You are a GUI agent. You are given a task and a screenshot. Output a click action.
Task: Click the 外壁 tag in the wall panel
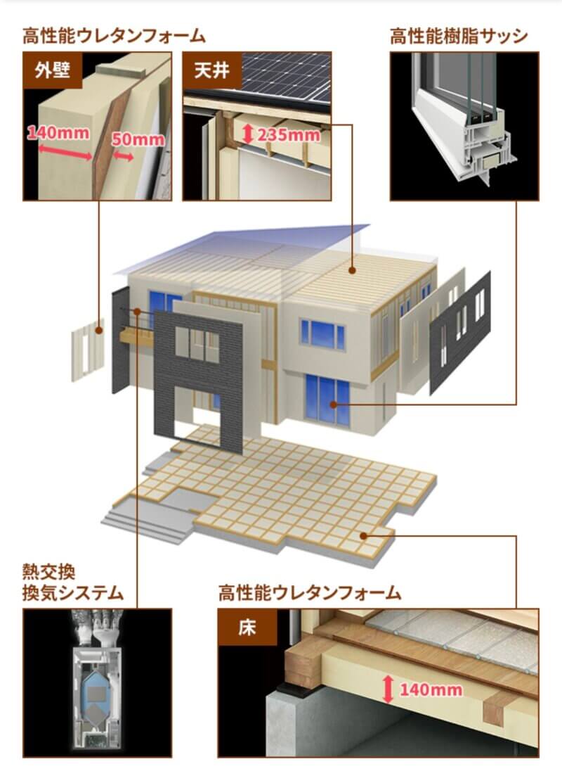click(53, 70)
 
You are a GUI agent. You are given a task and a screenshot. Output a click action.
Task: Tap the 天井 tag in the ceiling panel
click(212, 70)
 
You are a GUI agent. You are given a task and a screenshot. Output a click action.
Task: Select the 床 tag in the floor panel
click(247, 628)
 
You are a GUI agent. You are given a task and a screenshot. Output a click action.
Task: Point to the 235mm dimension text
click(288, 134)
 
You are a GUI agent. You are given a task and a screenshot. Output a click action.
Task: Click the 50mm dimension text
click(138, 139)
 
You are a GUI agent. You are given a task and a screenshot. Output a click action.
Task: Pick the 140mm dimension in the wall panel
click(58, 133)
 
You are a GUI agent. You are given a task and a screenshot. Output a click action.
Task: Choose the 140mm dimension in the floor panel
click(431, 689)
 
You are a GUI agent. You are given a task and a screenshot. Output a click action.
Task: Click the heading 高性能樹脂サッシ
click(459, 37)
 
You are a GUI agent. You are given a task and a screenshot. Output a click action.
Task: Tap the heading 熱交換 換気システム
click(73, 582)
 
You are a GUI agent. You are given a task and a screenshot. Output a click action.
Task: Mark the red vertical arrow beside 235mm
click(248, 134)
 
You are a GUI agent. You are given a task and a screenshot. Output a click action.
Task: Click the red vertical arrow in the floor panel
click(388, 689)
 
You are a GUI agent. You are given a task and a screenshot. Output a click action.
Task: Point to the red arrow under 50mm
click(123, 157)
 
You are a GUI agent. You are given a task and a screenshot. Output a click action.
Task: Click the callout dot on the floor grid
click(363, 536)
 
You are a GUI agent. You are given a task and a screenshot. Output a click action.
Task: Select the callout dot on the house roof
click(352, 271)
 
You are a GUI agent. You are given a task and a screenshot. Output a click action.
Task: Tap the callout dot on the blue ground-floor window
click(334, 405)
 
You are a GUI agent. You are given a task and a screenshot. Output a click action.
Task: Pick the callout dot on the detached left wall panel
click(99, 330)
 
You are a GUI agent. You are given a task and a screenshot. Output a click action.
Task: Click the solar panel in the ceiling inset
click(287, 77)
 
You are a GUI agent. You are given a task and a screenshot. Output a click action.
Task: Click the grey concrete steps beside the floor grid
click(145, 523)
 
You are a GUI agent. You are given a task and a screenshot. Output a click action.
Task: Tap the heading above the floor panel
click(310, 593)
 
